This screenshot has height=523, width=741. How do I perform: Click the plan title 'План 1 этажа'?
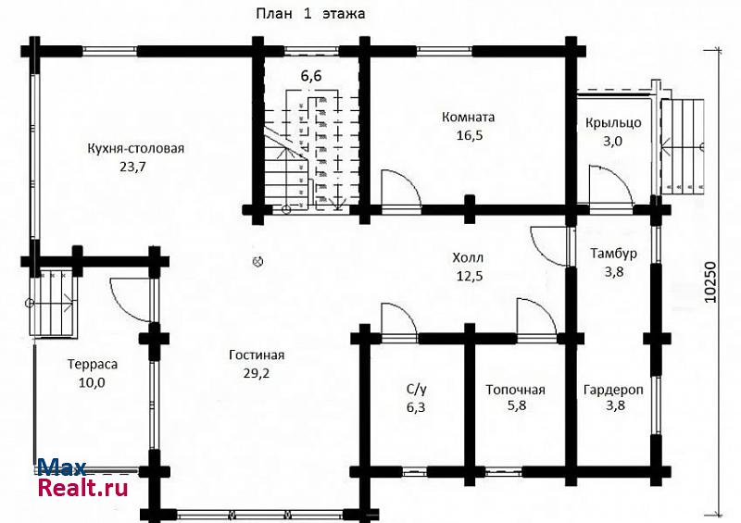310,13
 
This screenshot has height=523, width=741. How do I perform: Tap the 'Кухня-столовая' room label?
135,148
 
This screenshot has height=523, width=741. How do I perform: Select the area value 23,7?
132,167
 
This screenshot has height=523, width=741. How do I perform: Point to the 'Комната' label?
469,117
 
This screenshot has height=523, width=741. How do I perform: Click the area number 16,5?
470,135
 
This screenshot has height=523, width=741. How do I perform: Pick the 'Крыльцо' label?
613,123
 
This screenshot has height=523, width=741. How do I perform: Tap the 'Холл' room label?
468,258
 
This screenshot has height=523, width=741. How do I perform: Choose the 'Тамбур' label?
613,254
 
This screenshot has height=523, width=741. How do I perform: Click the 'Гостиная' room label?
257,355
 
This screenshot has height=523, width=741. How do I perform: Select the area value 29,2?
257,373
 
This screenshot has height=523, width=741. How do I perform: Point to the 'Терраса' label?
93,365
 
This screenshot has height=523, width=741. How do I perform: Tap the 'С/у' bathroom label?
416,390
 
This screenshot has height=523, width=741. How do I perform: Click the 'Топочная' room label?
516,390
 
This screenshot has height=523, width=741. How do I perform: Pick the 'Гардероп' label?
613,391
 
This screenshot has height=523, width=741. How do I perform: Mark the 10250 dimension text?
710,282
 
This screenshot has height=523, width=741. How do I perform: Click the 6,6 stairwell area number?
311,76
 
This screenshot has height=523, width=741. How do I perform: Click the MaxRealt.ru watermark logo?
82,478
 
